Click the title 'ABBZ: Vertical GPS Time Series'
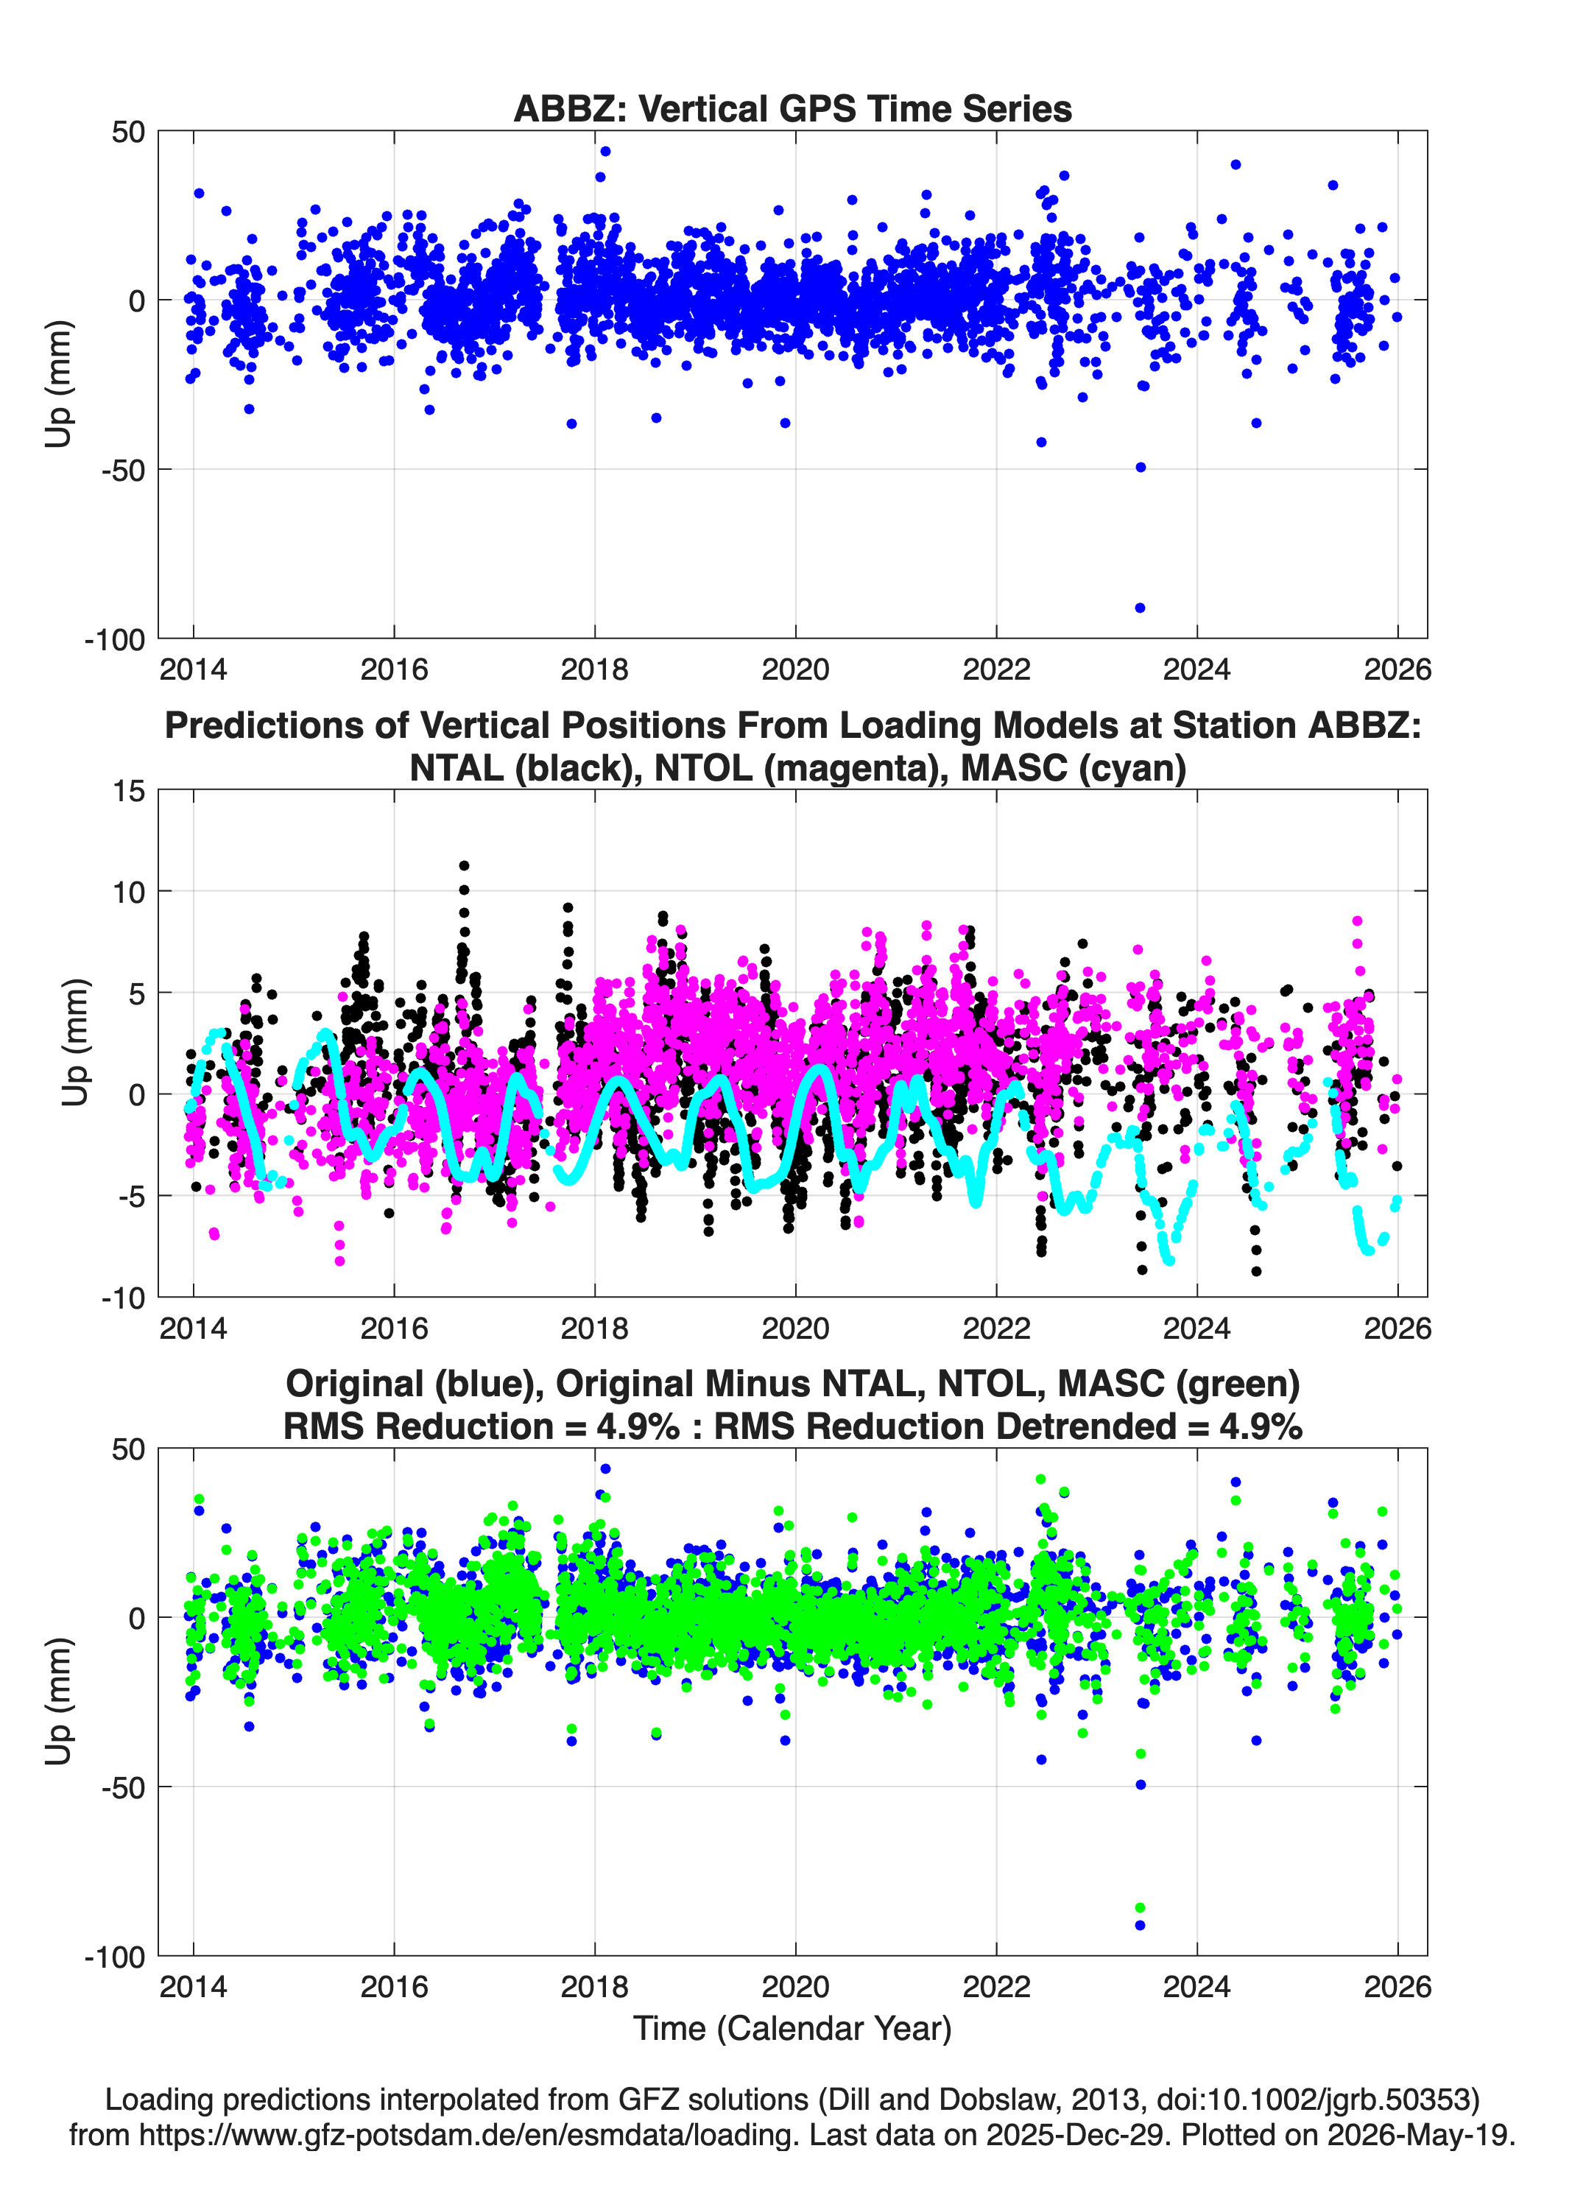(x=792, y=108)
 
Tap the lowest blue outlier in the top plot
(x=1140, y=608)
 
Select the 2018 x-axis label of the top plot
(x=594, y=669)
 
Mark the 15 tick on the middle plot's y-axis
(x=129, y=791)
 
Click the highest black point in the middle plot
(x=464, y=865)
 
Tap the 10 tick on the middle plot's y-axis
(x=129, y=892)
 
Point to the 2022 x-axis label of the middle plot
(x=996, y=1328)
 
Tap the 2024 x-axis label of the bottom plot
(x=1196, y=1986)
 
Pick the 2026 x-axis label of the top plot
(x=1398, y=669)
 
